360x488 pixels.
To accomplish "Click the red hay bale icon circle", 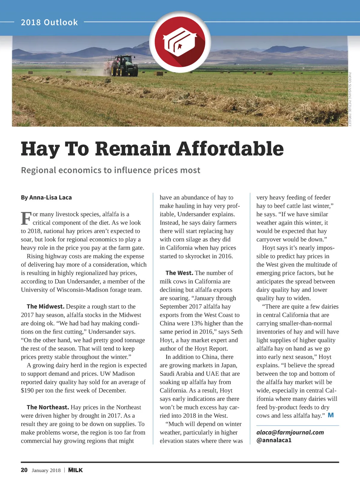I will pyautogui.click(x=180, y=42).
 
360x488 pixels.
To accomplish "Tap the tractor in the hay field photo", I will pyautogui.click(x=124, y=66).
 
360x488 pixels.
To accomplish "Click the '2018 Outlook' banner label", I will pyautogui.click(x=49, y=23).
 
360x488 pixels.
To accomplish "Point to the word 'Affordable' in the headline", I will pyautogui.click(x=230, y=149).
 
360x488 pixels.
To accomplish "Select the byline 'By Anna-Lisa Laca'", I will pyautogui.click(x=46, y=198).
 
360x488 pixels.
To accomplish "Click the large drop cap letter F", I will pyautogui.click(x=26, y=218).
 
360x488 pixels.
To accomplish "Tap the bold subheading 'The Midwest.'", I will pyautogui.click(x=46, y=307).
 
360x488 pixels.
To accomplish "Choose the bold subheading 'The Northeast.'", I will pyautogui.click(x=48, y=408).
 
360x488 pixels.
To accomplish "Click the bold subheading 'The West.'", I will pyautogui.click(x=179, y=273).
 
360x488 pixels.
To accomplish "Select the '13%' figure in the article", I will pyautogui.click(x=197, y=323).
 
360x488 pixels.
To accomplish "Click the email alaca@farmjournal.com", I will pyautogui.click(x=290, y=432).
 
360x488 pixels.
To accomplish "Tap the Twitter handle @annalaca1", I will pyautogui.click(x=274, y=440).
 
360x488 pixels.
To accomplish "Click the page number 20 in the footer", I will pyautogui.click(x=24, y=470).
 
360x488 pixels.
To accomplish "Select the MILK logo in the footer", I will pyautogui.click(x=75, y=470).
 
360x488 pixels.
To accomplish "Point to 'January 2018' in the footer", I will pyautogui.click(x=46, y=470).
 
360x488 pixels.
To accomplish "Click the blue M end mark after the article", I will pyautogui.click(x=331, y=415).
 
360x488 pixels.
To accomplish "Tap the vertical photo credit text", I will pyautogui.click(x=350, y=99).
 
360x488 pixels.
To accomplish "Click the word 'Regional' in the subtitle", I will pyautogui.click(x=38, y=170).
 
